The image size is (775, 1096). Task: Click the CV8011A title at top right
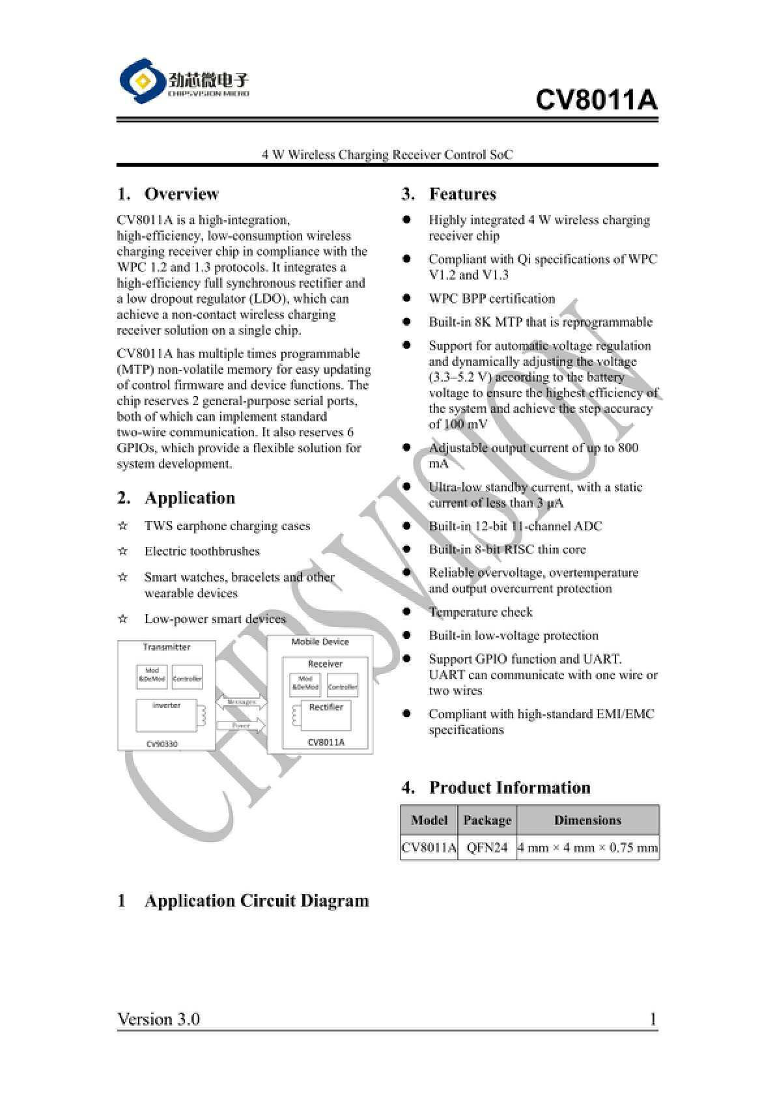click(x=596, y=100)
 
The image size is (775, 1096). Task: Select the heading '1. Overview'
click(x=168, y=194)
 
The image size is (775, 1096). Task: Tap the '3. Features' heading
click(x=449, y=194)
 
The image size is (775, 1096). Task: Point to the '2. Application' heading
click(x=176, y=498)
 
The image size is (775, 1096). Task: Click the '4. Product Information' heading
click(x=496, y=787)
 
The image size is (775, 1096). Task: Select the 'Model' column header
click(x=429, y=820)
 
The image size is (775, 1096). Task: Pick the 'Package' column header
click(x=486, y=820)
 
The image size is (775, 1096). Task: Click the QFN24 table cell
click(x=486, y=848)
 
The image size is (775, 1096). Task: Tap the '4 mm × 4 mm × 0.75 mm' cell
click(x=587, y=848)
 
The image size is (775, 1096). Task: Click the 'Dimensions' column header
click(x=587, y=820)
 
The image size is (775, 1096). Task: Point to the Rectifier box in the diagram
click(x=326, y=716)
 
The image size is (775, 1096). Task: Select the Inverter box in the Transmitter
click(x=167, y=715)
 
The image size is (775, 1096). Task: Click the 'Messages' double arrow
click(x=241, y=702)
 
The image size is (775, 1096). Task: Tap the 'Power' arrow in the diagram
click(x=241, y=725)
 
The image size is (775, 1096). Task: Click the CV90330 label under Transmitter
click(x=162, y=744)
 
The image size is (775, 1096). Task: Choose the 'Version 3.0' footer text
click(x=158, y=1019)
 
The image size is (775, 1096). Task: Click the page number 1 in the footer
click(x=653, y=1019)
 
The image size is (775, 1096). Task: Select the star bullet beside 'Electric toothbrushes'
click(x=122, y=552)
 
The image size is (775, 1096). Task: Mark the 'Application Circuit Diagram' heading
click(x=256, y=901)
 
